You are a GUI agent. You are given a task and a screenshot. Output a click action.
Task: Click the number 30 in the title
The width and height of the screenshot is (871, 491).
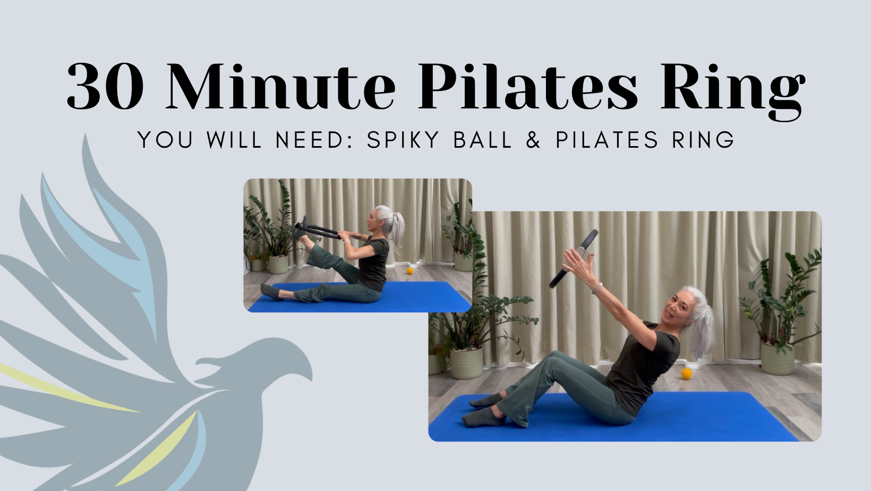(105, 87)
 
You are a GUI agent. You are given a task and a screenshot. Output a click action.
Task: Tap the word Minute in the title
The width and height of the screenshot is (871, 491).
(280, 87)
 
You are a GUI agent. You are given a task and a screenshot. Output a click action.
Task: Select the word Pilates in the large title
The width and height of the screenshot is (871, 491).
(527, 87)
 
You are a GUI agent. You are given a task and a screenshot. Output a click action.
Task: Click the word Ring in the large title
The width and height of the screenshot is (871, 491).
(732, 88)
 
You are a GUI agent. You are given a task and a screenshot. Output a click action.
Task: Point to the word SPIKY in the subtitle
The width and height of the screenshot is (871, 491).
(403, 140)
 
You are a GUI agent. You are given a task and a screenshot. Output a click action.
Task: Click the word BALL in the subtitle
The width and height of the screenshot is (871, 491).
(483, 140)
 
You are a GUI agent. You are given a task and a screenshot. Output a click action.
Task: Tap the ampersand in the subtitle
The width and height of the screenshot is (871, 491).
(533, 140)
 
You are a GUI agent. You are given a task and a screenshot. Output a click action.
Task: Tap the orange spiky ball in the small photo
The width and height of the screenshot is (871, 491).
(410, 270)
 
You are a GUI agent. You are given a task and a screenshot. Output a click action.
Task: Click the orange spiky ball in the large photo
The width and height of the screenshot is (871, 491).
(687, 374)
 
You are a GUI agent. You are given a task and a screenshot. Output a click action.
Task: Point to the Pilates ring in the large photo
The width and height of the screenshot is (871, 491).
(574, 259)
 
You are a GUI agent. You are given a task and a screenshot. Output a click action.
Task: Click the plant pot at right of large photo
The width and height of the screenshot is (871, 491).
(778, 360)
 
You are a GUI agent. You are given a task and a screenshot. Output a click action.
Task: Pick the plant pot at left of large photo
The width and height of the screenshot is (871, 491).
(466, 363)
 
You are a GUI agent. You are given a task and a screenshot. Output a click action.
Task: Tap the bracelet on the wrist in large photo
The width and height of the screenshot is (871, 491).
(597, 289)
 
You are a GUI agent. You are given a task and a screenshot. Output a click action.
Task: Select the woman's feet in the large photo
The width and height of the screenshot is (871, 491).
(483, 410)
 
